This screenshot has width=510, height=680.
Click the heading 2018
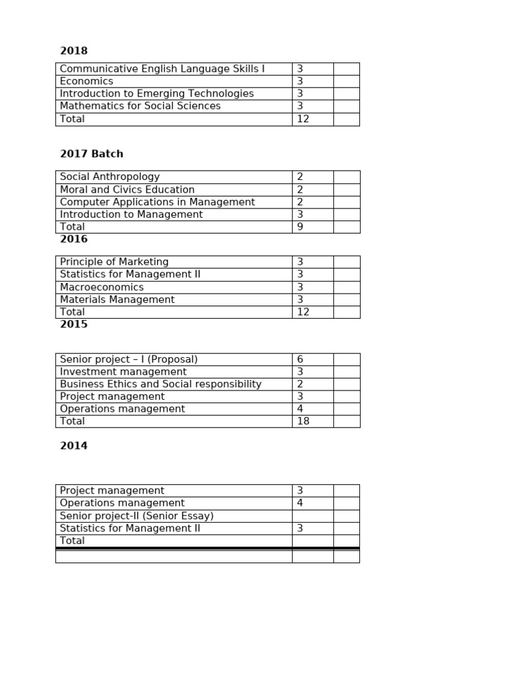(x=74, y=51)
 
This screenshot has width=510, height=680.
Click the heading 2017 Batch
(x=92, y=154)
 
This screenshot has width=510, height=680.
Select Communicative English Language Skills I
(x=162, y=69)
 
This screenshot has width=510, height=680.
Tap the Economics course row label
(x=86, y=81)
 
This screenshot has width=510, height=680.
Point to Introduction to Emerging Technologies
(x=157, y=94)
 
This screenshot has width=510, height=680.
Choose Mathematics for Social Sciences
(x=140, y=106)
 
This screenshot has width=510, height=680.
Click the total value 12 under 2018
(x=303, y=119)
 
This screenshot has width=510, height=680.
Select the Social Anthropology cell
(x=110, y=177)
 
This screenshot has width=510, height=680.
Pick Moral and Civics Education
(x=127, y=190)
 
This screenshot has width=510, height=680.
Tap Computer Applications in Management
(x=157, y=202)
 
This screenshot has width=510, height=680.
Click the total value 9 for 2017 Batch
(x=300, y=227)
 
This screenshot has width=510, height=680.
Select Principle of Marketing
(x=114, y=262)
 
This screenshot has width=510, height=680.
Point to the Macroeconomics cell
(x=102, y=288)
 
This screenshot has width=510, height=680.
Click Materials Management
(x=117, y=300)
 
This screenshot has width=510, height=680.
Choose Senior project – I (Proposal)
(x=129, y=359)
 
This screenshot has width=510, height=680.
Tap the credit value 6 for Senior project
(x=300, y=359)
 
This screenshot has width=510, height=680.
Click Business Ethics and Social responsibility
(x=161, y=384)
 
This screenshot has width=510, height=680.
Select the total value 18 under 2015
(x=303, y=421)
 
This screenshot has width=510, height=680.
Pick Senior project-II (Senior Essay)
(x=137, y=516)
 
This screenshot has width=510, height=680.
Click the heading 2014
(x=74, y=446)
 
